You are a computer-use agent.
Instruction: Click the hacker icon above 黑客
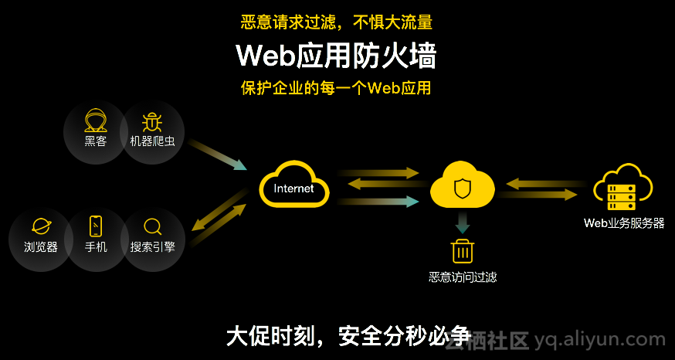point(96,121)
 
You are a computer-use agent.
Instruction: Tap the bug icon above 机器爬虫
point(151,121)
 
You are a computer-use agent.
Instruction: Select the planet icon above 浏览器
point(41,226)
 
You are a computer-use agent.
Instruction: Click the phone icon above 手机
point(96,226)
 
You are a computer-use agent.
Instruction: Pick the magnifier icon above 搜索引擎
point(153,226)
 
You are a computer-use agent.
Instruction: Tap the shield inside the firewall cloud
point(462,188)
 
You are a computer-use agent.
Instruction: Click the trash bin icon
point(463,251)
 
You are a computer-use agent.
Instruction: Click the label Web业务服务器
point(623,224)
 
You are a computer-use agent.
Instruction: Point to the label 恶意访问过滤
point(463,277)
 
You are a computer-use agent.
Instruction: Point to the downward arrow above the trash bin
point(463,223)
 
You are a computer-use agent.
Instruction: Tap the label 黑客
point(96,141)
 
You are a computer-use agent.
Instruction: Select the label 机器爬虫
point(151,141)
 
